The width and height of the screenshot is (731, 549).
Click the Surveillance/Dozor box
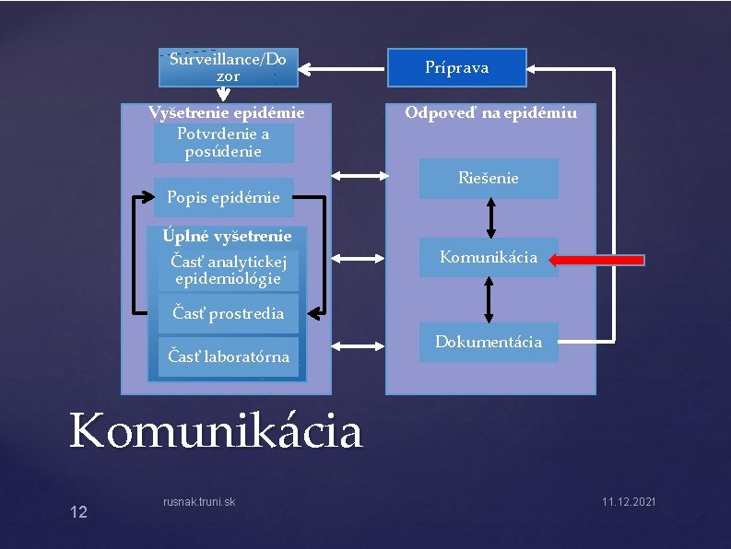click(x=228, y=67)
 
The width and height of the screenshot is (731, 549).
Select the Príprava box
click(x=456, y=67)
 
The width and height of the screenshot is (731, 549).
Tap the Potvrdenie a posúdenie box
click(x=223, y=143)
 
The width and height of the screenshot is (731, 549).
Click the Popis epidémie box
click(x=223, y=196)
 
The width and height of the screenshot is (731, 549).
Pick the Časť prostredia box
click(x=228, y=313)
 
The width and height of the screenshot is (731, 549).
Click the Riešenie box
click(x=489, y=178)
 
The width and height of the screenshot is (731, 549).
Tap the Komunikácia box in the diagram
click(x=489, y=257)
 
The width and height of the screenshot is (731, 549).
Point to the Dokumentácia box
click(x=489, y=342)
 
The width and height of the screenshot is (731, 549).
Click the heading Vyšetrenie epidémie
click(x=227, y=113)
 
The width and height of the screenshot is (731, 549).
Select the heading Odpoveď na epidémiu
click(x=491, y=113)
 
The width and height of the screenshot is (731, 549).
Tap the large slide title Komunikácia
click(x=217, y=431)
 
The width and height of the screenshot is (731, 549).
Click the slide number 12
click(x=78, y=511)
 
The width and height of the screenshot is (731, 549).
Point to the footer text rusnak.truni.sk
click(x=198, y=501)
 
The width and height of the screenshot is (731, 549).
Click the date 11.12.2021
click(x=629, y=501)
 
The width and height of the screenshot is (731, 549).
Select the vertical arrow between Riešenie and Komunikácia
click(x=490, y=218)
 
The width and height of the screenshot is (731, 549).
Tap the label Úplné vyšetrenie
click(x=227, y=236)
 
